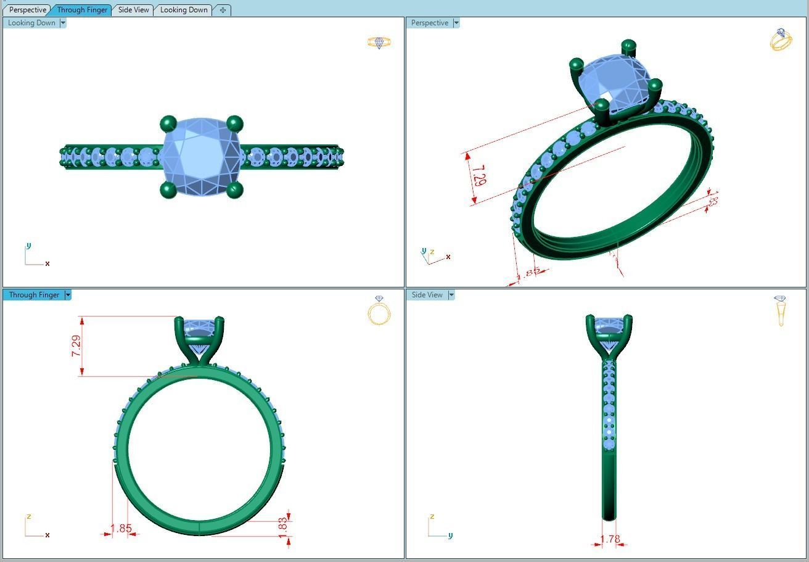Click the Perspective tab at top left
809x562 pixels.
[x=28, y=10]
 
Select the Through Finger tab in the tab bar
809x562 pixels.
[x=82, y=10]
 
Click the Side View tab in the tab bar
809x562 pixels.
[x=133, y=10]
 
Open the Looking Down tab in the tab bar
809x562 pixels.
[x=184, y=10]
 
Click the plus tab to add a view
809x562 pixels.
[x=223, y=10]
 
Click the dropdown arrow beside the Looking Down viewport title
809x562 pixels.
[x=63, y=23]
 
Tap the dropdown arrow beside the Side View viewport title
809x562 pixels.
[x=451, y=295]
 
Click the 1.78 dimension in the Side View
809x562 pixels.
[x=610, y=539]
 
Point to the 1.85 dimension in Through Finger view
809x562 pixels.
[x=121, y=529]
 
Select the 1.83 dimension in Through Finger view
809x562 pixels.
[x=283, y=526]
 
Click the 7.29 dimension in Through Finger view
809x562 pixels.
[x=76, y=346]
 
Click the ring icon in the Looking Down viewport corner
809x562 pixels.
[x=379, y=43]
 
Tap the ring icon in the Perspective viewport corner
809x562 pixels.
[x=781, y=39]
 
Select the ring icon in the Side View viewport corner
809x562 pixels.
[x=781, y=310]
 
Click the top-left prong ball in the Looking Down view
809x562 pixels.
[x=168, y=124]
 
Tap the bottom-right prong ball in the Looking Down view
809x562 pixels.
[x=234, y=190]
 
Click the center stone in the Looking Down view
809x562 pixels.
[x=201, y=157]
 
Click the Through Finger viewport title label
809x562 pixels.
[x=34, y=295]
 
